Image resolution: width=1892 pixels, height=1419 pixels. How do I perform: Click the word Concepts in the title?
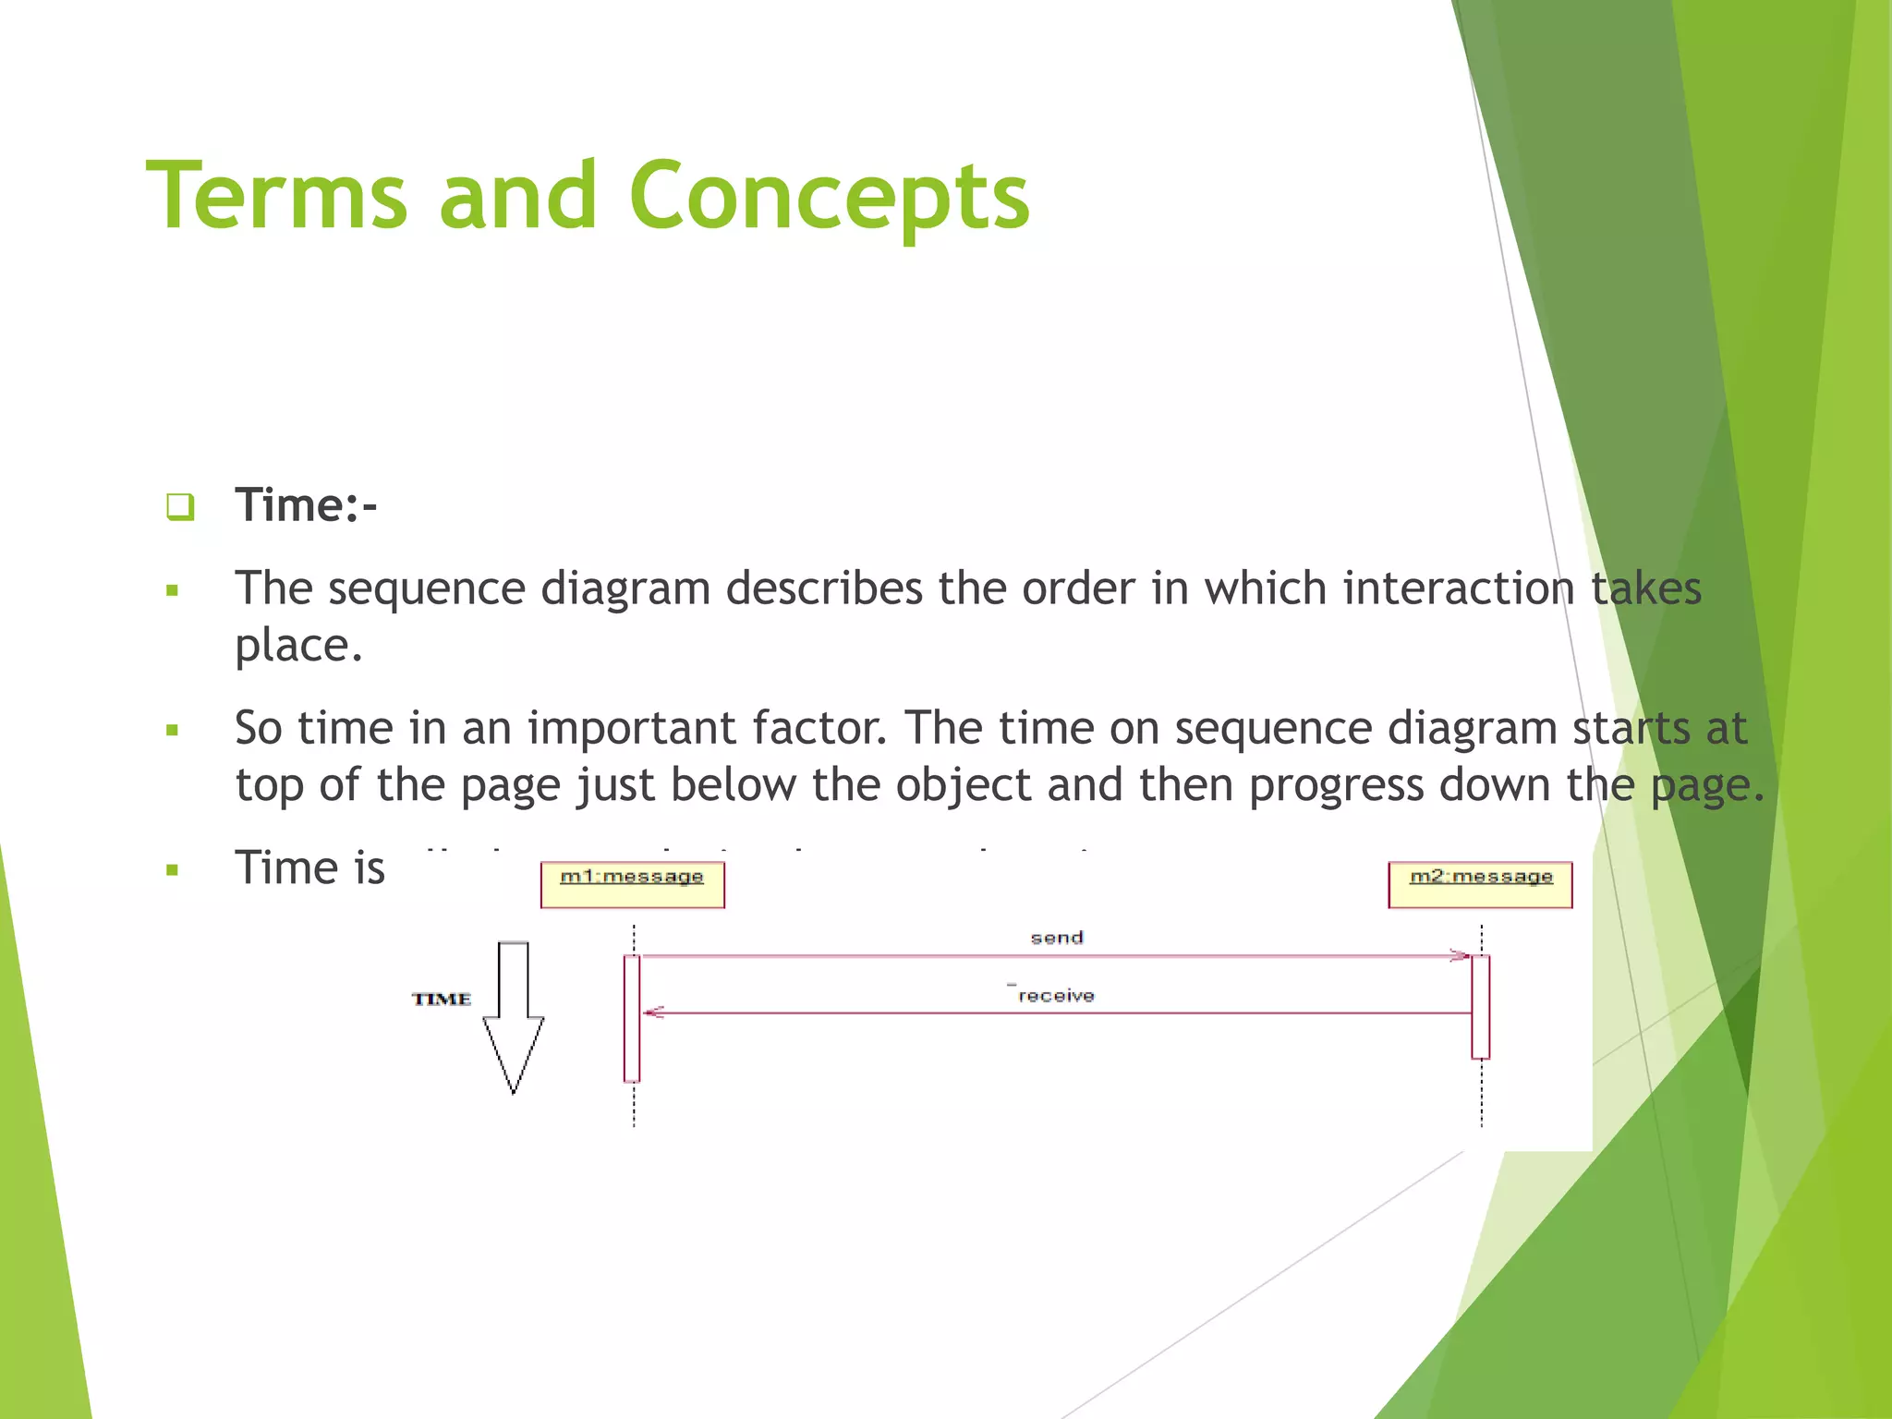tap(829, 196)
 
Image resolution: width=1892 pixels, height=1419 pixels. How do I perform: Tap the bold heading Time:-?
tap(306, 505)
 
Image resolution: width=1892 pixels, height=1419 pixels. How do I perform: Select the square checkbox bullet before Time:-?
tap(180, 506)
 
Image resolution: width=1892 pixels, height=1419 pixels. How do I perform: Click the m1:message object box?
tap(632, 884)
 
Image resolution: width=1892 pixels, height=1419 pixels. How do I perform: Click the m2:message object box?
tap(1480, 884)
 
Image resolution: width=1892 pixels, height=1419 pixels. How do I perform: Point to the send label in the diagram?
tap(1056, 938)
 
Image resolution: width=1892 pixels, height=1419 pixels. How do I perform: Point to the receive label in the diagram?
tap(1056, 996)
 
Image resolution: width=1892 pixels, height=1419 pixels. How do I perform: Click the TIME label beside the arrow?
tap(442, 999)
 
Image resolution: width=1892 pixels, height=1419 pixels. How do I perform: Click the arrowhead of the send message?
tap(1461, 955)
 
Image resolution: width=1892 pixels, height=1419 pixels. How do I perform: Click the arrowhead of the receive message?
tap(653, 1013)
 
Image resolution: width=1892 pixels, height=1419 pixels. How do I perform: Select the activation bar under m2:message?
tap(1480, 1007)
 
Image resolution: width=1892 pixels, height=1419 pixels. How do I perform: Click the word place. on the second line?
tap(298, 645)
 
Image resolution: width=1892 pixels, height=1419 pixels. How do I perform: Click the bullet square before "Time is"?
tap(172, 869)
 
